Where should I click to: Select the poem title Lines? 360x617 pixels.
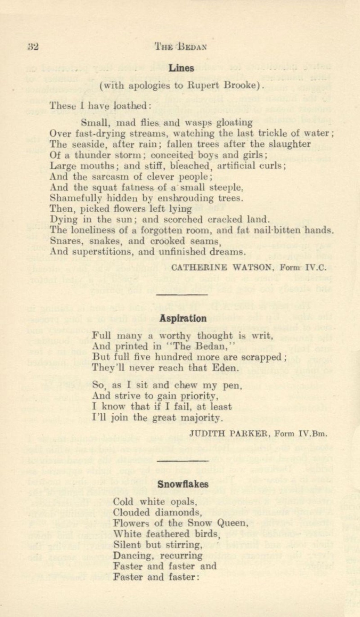181,68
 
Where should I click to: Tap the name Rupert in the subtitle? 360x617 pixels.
203,84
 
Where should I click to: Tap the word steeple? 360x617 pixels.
230,187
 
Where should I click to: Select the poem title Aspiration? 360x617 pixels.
183,318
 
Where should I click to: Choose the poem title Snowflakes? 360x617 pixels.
183,484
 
